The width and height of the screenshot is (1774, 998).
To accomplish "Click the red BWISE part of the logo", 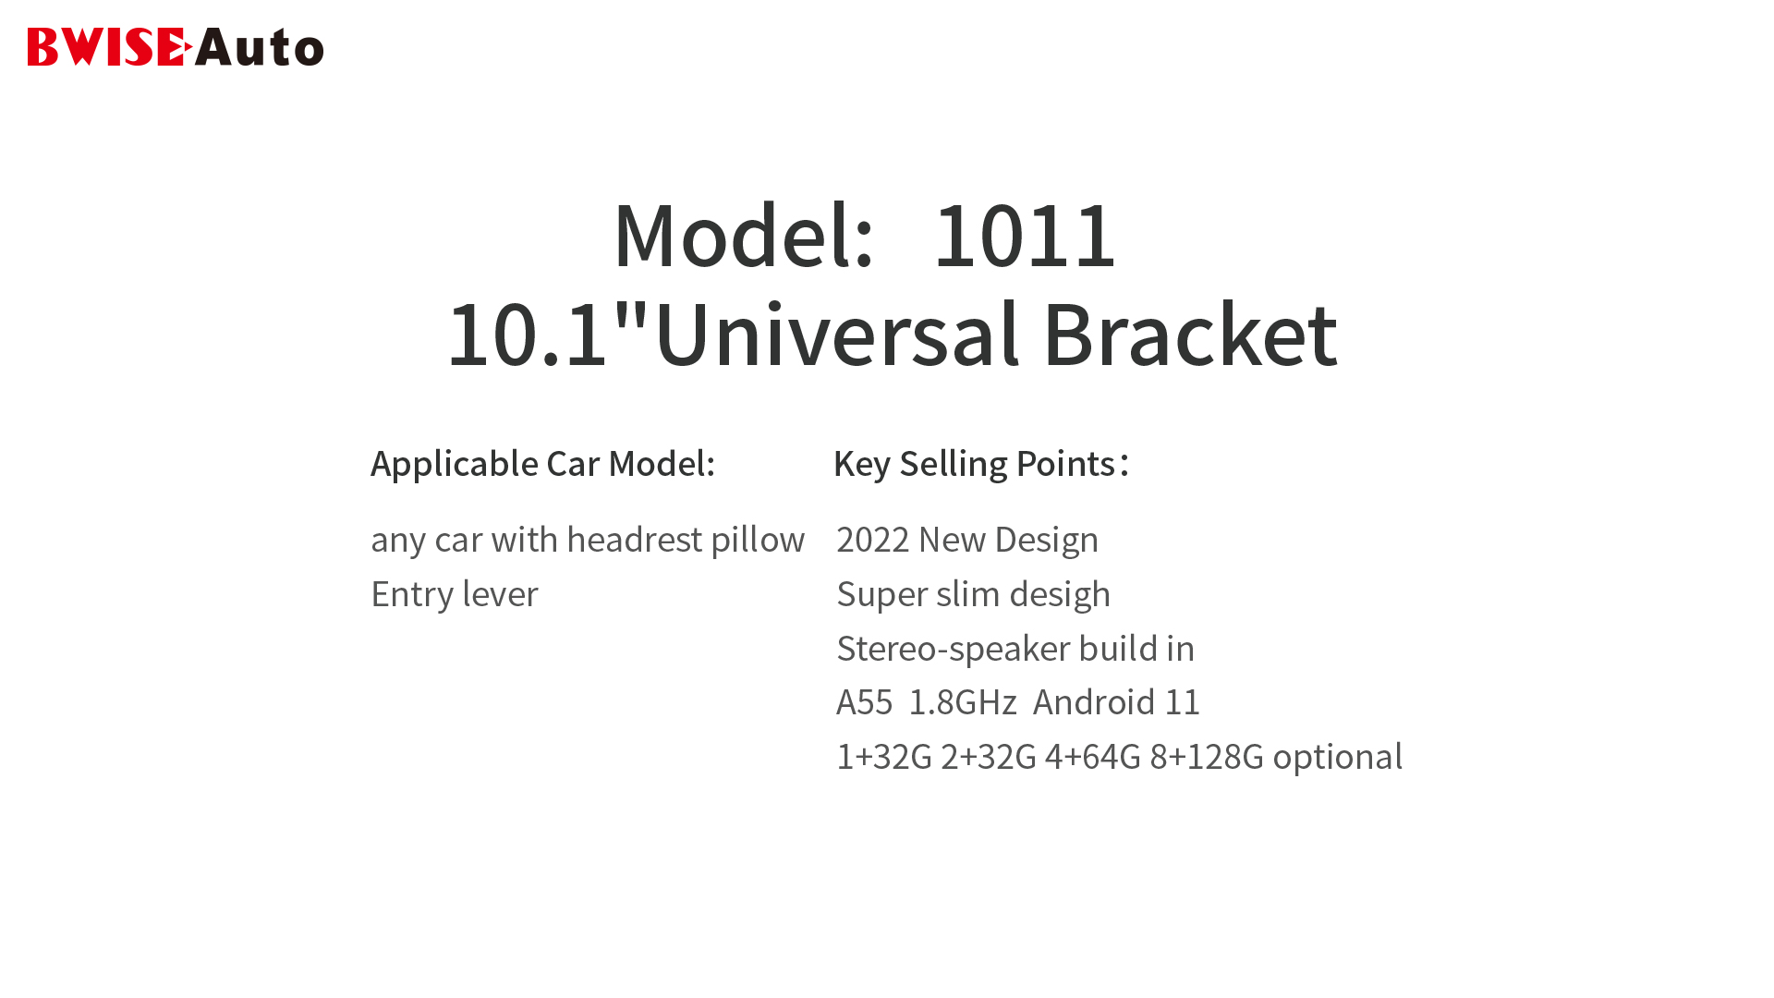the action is (109, 47).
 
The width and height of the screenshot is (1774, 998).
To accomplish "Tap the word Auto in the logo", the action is (260, 47).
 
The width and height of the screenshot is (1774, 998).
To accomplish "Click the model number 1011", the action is (1025, 236).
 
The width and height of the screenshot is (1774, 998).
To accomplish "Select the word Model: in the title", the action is (744, 236).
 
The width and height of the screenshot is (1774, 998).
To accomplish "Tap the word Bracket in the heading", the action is (1190, 334).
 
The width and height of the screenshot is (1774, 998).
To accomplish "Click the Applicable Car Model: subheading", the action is (543, 464).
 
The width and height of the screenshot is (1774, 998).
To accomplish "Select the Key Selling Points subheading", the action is (981, 464).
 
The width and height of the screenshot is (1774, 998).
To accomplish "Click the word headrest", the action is (635, 540).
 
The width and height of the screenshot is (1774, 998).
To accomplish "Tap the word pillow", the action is (759, 540).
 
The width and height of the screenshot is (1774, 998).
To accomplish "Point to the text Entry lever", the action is (455, 594).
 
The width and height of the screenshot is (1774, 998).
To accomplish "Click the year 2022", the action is (873, 540).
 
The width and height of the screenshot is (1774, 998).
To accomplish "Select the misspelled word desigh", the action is (1060, 594).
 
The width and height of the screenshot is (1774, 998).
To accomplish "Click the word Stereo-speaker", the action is (954, 649).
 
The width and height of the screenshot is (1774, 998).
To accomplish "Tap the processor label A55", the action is (865, 702).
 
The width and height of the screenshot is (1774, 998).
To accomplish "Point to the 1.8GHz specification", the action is (963, 702).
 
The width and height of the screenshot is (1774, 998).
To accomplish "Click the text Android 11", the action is (1116, 702).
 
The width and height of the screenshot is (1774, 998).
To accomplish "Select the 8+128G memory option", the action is (1207, 757).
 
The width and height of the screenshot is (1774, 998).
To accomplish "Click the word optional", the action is (1338, 757).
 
